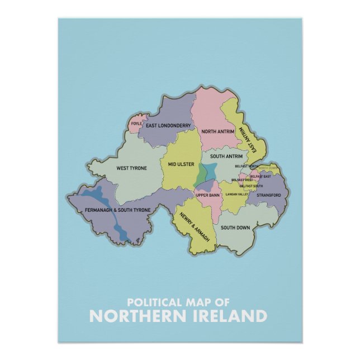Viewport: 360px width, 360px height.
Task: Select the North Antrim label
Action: point(215,131)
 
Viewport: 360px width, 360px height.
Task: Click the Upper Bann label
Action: point(206,195)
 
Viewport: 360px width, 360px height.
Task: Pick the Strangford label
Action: point(268,195)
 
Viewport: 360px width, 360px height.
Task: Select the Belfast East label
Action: point(260,176)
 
